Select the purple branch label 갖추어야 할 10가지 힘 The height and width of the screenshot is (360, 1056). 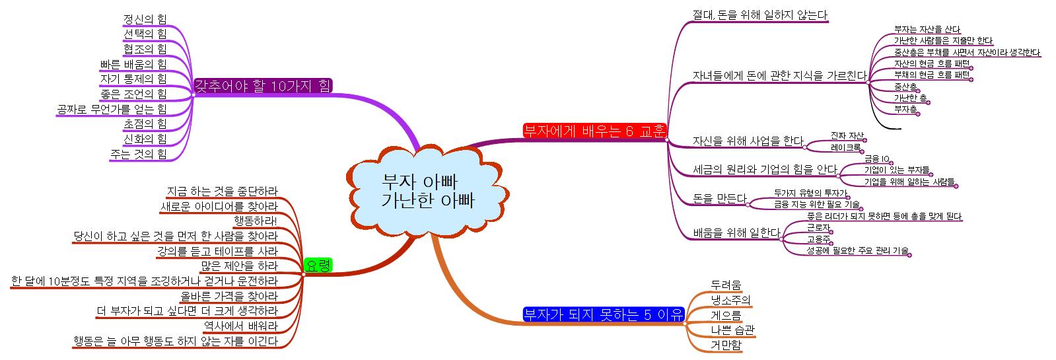click(x=263, y=85)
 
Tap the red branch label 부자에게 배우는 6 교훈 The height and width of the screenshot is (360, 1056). click(x=594, y=129)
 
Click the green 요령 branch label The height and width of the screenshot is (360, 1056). click(x=317, y=266)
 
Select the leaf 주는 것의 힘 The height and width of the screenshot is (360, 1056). click(x=139, y=154)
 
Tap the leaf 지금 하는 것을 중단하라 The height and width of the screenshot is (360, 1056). click(x=222, y=191)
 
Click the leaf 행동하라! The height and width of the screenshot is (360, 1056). click(x=256, y=221)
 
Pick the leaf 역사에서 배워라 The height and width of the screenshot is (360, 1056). click(x=240, y=326)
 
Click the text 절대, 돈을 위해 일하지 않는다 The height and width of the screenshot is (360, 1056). click(x=759, y=15)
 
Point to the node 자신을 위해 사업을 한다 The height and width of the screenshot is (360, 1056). click(x=748, y=141)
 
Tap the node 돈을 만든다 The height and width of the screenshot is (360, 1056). click(x=719, y=198)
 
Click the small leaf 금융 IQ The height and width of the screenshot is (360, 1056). click(x=877, y=159)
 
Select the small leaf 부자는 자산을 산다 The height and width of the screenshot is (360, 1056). click(x=917, y=29)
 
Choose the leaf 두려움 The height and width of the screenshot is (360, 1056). click(x=726, y=285)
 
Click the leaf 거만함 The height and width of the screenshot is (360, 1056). click(x=726, y=345)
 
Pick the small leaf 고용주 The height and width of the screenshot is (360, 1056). click(x=818, y=239)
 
